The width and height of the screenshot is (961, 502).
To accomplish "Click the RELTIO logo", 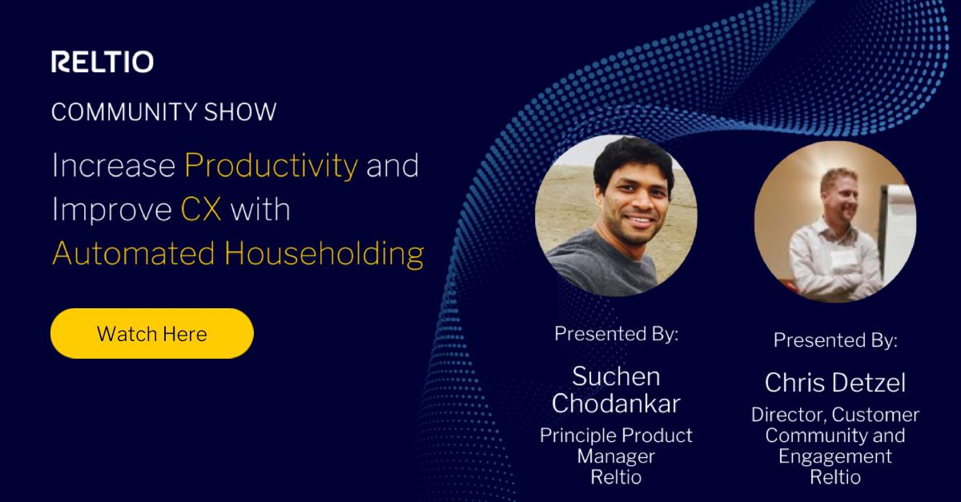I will [x=103, y=62].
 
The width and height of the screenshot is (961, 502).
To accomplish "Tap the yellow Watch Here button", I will [x=151, y=333].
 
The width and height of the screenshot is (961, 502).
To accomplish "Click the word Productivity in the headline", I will [x=271, y=166].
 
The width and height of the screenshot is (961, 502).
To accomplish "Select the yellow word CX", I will [x=201, y=210].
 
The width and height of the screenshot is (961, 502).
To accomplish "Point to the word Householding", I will [x=324, y=254].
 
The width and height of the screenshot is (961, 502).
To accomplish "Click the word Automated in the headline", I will [x=134, y=254].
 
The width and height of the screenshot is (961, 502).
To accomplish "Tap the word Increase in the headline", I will [x=113, y=166].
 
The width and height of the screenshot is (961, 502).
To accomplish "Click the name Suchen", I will [x=616, y=376].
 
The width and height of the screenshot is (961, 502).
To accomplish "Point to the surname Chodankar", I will [x=616, y=404].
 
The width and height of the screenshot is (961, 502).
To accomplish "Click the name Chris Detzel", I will [x=835, y=383].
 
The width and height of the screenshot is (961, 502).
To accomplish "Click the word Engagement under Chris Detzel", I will [x=835, y=456].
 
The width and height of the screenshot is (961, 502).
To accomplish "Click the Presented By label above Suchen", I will [x=616, y=334].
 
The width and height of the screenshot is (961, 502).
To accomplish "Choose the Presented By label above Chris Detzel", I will [x=835, y=340].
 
